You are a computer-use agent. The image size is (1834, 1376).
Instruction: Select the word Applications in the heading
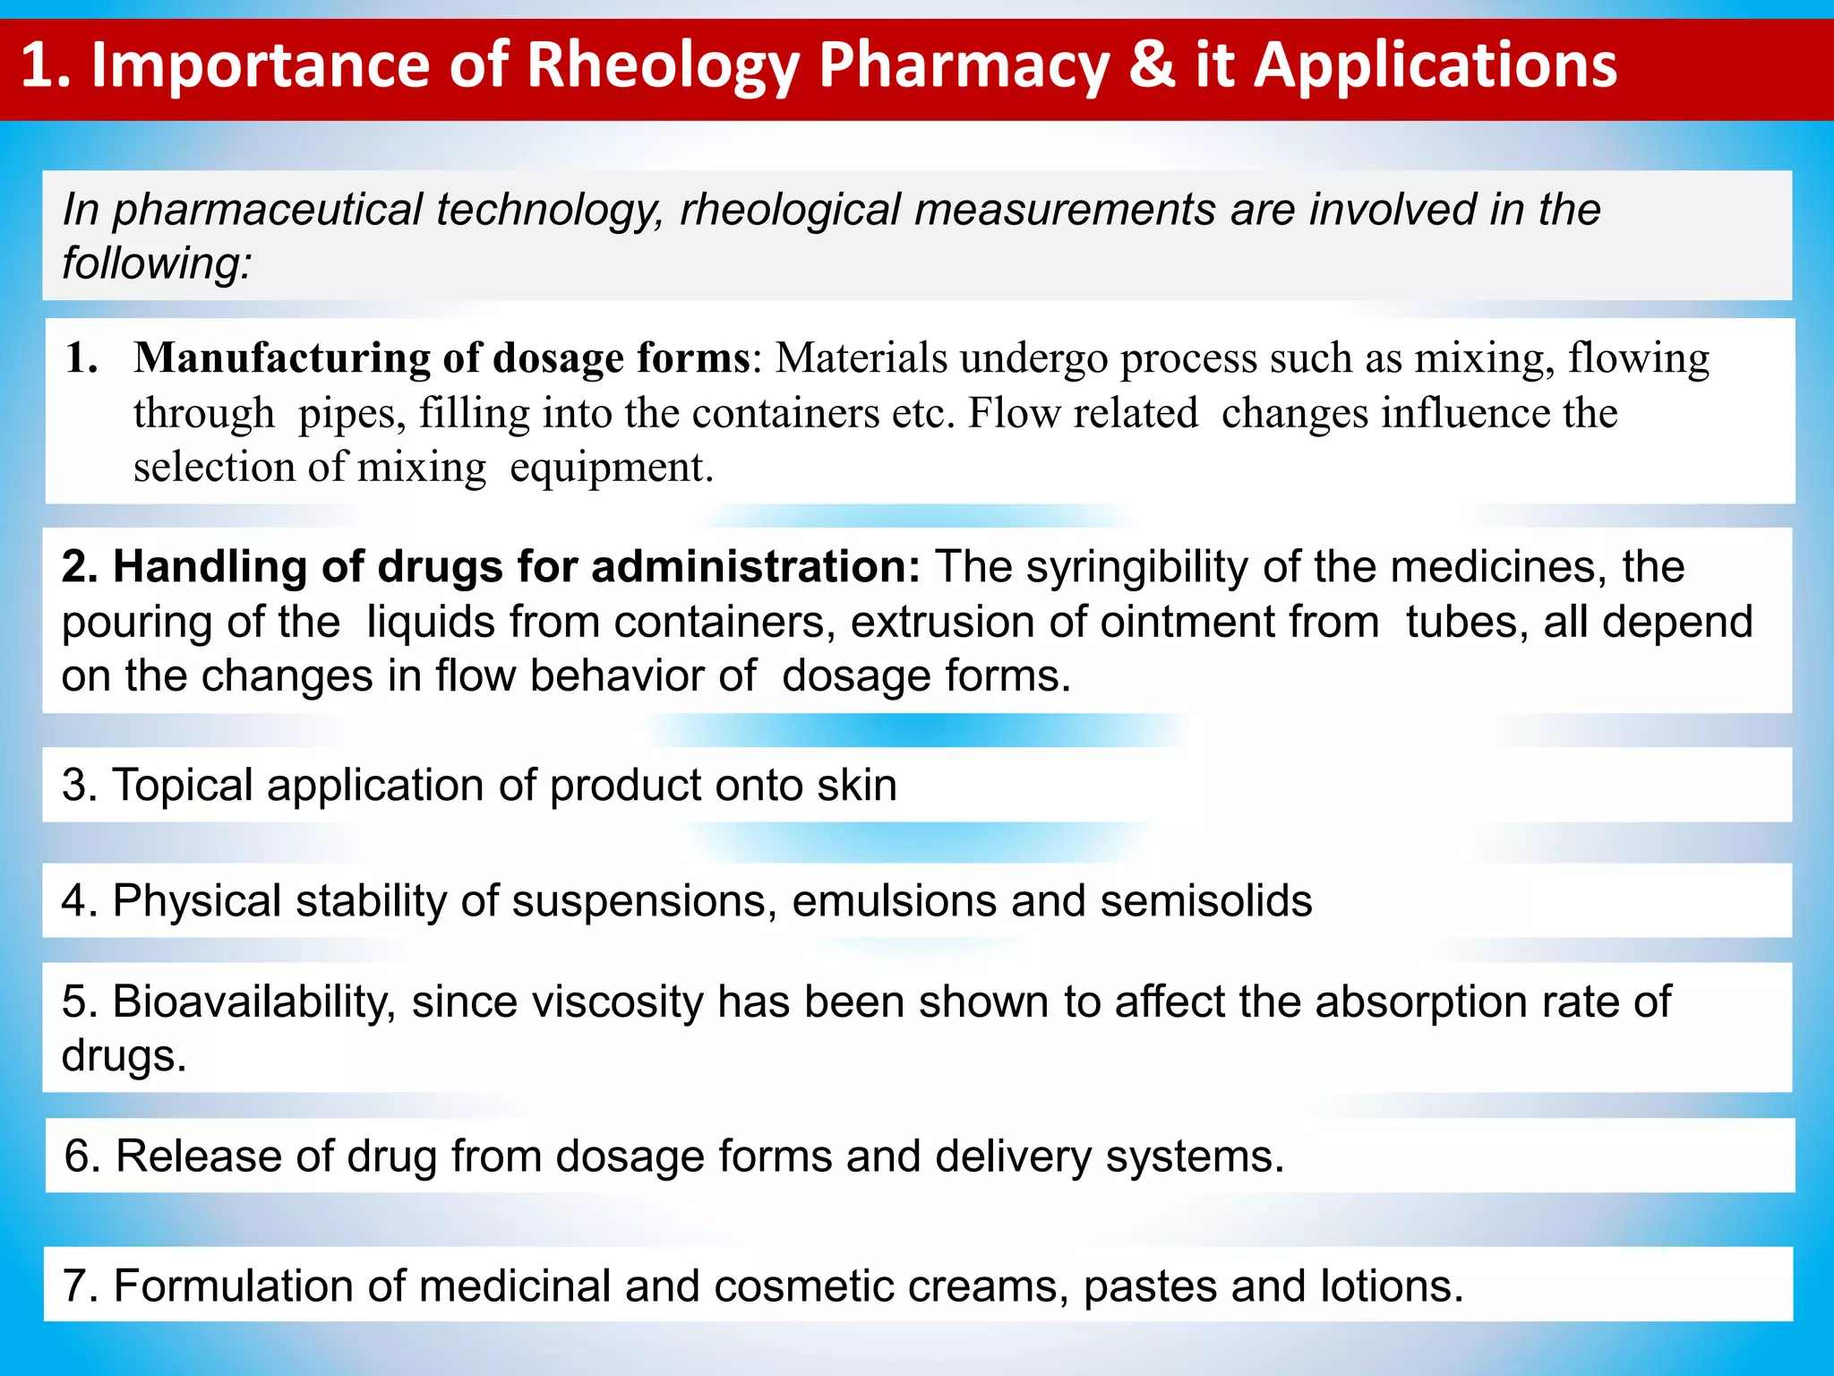tap(1435, 67)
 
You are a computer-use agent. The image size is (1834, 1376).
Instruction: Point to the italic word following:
tap(157, 263)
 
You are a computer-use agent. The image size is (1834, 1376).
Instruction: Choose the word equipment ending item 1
tap(611, 468)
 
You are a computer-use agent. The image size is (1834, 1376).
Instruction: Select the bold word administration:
tap(755, 567)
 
